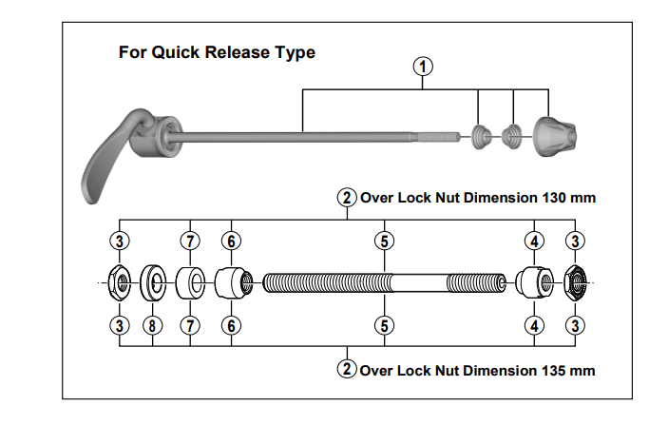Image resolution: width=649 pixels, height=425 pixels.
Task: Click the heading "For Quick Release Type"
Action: pyautogui.click(x=217, y=52)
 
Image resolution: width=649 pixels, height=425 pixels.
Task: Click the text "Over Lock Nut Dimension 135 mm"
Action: pyautogui.click(x=478, y=369)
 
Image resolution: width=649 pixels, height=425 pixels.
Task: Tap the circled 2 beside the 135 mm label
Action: pyautogui.click(x=347, y=369)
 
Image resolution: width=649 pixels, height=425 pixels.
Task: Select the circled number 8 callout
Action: pyautogui.click(x=151, y=326)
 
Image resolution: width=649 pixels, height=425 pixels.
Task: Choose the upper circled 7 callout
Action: pyautogui.click(x=192, y=241)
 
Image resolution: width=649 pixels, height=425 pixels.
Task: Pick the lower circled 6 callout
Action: pyautogui.click(x=230, y=326)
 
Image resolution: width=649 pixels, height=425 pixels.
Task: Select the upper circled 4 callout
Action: pyautogui.click(x=536, y=241)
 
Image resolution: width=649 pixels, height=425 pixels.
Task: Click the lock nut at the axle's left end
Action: pyautogui.click(x=120, y=282)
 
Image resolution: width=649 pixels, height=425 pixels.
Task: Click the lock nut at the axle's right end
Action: pyautogui.click(x=575, y=282)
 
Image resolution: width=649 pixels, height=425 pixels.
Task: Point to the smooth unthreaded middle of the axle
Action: pyautogui.click(x=418, y=282)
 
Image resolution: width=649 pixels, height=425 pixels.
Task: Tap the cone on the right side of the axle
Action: pyautogui.click(x=533, y=282)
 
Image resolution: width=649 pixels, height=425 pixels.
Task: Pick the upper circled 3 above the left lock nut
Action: pyautogui.click(x=120, y=241)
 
